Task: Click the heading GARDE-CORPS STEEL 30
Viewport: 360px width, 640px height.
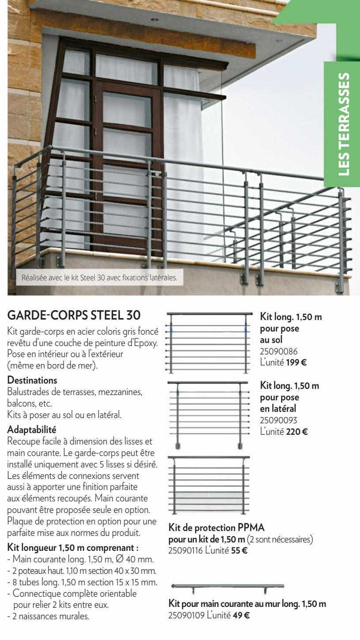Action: pyautogui.click(x=74, y=316)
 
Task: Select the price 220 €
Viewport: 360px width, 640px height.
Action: pyautogui.click(x=297, y=431)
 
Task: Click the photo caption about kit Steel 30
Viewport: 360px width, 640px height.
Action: pyautogui.click(x=99, y=278)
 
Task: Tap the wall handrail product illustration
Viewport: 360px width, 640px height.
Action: pyautogui.click(x=227, y=587)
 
